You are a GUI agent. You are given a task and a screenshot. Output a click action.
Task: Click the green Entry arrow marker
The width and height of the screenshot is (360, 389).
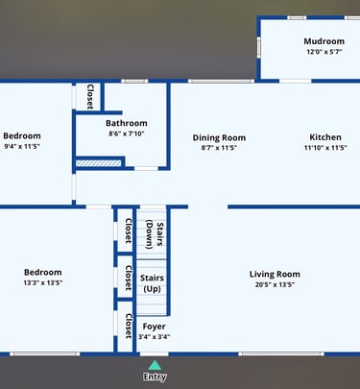155,365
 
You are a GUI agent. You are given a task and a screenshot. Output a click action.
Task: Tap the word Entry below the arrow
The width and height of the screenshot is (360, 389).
155,377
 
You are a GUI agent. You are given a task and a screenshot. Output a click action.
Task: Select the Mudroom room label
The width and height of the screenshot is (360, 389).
324,41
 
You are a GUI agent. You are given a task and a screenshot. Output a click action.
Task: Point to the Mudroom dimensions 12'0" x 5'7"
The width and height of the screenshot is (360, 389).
324,52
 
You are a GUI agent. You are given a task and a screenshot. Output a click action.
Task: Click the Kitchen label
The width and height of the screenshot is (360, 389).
325,137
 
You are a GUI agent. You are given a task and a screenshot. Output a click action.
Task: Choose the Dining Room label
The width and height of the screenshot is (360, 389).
219,137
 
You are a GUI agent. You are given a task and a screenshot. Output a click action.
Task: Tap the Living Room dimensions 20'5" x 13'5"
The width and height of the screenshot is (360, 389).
275,284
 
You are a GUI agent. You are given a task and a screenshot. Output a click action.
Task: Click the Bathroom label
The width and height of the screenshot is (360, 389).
127,123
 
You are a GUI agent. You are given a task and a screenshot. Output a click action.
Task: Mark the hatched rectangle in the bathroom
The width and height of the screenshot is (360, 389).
99,163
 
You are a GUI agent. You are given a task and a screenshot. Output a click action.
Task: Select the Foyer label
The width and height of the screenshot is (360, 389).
154,327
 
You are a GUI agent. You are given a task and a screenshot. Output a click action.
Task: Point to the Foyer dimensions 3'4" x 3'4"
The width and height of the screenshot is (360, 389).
154,337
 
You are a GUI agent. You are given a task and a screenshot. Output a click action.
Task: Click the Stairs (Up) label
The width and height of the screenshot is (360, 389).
152,283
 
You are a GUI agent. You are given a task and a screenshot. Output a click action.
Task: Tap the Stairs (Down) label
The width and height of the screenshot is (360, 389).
155,234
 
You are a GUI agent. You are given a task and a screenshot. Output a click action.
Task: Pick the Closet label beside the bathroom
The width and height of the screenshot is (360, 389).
90,97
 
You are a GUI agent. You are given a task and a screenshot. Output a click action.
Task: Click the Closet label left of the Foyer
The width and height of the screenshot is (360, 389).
129,326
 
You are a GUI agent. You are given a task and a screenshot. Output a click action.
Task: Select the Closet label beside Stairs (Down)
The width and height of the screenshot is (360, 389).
129,231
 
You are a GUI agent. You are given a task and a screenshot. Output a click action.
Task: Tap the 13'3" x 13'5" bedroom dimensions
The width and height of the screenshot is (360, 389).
43,282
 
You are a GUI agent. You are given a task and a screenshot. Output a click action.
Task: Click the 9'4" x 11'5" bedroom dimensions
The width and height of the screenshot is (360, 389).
22,146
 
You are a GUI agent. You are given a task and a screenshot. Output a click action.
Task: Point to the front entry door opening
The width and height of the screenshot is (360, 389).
155,353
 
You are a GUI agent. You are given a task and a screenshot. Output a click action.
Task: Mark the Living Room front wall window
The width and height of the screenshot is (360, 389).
281,353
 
